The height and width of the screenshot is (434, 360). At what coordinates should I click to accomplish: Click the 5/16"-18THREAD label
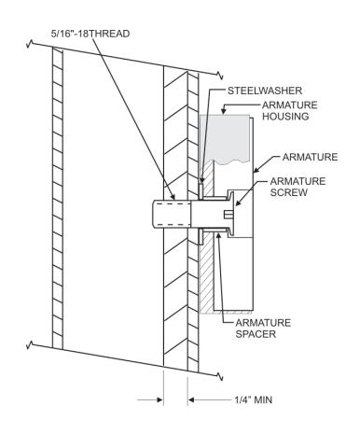click(x=90, y=34)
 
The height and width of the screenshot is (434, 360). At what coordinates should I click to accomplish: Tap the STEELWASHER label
click(x=265, y=91)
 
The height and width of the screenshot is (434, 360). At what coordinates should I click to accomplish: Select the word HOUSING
click(x=285, y=117)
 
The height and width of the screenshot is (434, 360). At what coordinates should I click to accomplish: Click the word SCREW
click(x=289, y=192)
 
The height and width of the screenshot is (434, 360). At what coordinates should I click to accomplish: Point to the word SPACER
click(x=256, y=334)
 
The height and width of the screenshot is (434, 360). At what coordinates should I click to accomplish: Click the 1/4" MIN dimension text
click(x=254, y=399)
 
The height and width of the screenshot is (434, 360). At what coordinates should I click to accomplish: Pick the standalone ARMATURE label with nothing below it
click(x=310, y=157)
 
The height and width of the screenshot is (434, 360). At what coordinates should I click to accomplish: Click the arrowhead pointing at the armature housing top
click(x=223, y=111)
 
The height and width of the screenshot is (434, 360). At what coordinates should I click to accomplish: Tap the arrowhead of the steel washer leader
click(x=201, y=180)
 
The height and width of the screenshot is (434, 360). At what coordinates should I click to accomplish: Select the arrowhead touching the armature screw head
click(x=238, y=203)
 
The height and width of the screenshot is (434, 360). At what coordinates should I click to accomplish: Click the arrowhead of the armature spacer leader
click(x=218, y=236)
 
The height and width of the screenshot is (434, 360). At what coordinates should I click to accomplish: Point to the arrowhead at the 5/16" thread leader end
click(x=173, y=196)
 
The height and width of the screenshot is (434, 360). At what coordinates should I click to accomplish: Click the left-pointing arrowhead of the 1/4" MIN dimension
click(x=191, y=399)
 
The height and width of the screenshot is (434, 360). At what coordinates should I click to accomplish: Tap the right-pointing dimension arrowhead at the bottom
click(x=159, y=399)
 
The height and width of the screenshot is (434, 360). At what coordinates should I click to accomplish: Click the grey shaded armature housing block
click(x=225, y=138)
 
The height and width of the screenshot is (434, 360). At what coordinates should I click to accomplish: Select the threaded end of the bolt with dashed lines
click(x=172, y=215)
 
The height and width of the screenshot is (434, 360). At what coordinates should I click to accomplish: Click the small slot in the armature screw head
click(x=228, y=215)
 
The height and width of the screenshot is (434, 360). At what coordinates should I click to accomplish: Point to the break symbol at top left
click(x=30, y=44)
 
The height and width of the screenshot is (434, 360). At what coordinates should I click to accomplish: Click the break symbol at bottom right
click(x=220, y=376)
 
